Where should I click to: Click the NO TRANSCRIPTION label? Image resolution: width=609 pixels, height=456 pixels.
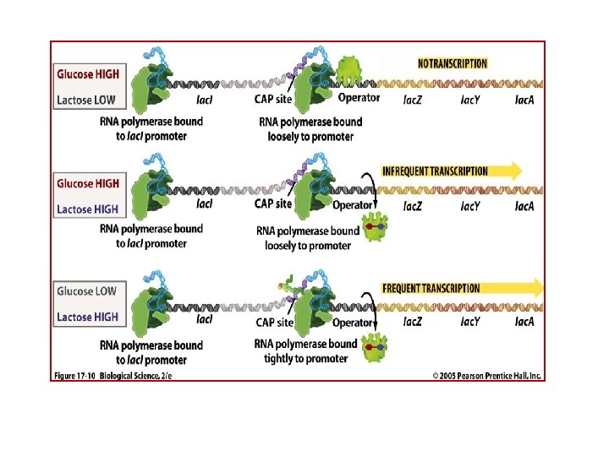[x=452, y=63]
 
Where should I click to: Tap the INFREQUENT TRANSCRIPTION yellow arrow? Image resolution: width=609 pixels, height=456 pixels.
[x=452, y=171]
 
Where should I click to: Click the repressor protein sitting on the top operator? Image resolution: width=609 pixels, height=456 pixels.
[x=349, y=70]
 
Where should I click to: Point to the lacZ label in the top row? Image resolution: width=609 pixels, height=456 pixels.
[x=412, y=100]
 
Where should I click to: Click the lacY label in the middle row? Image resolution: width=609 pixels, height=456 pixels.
[x=470, y=206]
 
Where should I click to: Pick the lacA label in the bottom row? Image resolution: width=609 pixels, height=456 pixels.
[x=524, y=322]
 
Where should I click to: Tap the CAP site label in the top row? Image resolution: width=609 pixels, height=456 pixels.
[x=273, y=100]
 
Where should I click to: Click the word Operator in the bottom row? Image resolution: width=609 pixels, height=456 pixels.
[x=353, y=323]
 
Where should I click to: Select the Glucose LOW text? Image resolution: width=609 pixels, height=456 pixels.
[x=86, y=291]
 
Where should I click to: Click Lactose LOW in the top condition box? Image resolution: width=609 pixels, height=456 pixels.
[x=86, y=100]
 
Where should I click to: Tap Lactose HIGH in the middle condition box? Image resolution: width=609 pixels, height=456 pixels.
[x=87, y=209]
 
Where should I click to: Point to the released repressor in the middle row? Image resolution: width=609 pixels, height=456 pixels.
[x=375, y=227]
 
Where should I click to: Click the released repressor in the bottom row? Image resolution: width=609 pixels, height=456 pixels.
[x=375, y=348]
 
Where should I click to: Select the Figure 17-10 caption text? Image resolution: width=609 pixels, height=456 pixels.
[x=113, y=376]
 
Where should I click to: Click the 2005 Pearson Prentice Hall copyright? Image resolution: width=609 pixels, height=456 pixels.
[x=486, y=376]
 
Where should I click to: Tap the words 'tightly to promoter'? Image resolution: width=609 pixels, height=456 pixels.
[x=305, y=359]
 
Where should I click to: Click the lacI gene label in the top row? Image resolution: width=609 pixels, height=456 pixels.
[x=205, y=100]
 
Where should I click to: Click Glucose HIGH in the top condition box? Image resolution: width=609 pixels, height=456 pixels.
[x=88, y=74]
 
